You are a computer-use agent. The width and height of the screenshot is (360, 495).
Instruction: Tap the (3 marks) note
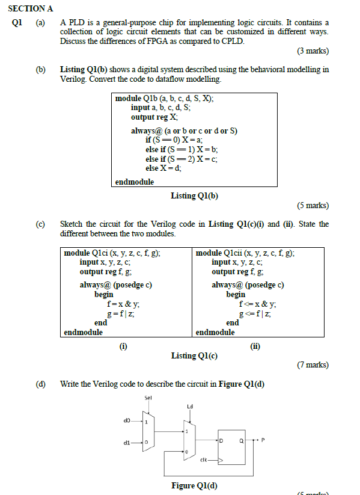pos(313,52)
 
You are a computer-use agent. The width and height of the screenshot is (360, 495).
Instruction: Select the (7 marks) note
pos(313,364)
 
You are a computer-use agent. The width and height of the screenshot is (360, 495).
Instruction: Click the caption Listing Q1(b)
pos(194,195)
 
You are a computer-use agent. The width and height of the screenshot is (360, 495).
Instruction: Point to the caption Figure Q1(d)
pos(192,485)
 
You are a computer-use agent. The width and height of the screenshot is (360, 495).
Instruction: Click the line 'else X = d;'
pos(163,168)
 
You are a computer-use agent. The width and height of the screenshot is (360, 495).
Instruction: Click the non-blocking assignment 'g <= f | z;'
pos(257,313)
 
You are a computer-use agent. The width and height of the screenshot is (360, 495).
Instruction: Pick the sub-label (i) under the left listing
pos(123,345)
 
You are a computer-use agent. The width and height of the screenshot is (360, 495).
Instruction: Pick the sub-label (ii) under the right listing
pos(255,346)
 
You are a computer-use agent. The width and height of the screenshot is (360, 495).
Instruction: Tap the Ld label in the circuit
pos(190,407)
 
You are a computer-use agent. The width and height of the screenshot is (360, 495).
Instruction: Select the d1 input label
pos(126,443)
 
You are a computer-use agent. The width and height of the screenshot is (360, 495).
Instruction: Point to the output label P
pos(263,440)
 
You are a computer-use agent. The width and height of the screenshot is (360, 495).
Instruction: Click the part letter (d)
pos(41,384)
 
